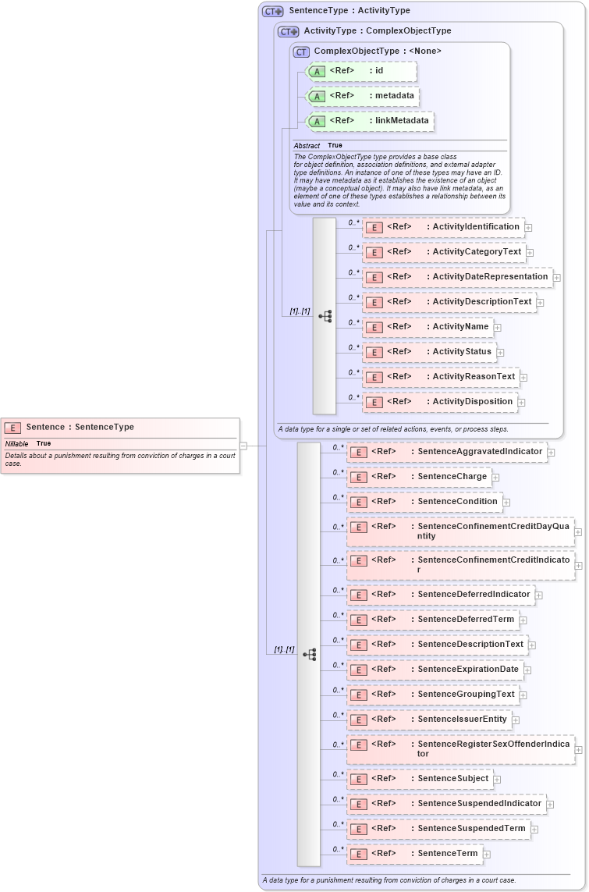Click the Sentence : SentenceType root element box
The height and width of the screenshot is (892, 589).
(x=120, y=428)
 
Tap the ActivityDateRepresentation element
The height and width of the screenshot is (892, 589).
(x=457, y=277)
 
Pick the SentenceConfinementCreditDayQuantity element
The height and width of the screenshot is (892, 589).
(x=460, y=531)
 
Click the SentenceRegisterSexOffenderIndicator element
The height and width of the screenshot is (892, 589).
(x=460, y=749)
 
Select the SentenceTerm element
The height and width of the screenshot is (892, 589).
(x=414, y=854)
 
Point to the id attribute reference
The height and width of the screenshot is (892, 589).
(x=362, y=71)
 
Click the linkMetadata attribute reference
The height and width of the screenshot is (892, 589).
(x=370, y=121)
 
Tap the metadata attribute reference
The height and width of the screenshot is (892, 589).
(x=364, y=96)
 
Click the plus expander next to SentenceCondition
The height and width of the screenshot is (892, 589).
(x=506, y=503)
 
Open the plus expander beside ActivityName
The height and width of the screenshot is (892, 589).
(x=498, y=328)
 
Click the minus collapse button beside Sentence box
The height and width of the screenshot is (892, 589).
(x=243, y=446)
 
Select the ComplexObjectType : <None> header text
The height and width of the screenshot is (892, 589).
(x=378, y=52)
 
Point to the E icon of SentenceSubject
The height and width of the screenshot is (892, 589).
(x=358, y=780)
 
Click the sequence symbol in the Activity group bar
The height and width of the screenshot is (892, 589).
(x=325, y=316)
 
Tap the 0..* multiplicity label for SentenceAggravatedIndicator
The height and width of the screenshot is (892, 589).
(x=338, y=447)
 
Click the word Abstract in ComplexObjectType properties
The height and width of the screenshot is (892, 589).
(x=307, y=146)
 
